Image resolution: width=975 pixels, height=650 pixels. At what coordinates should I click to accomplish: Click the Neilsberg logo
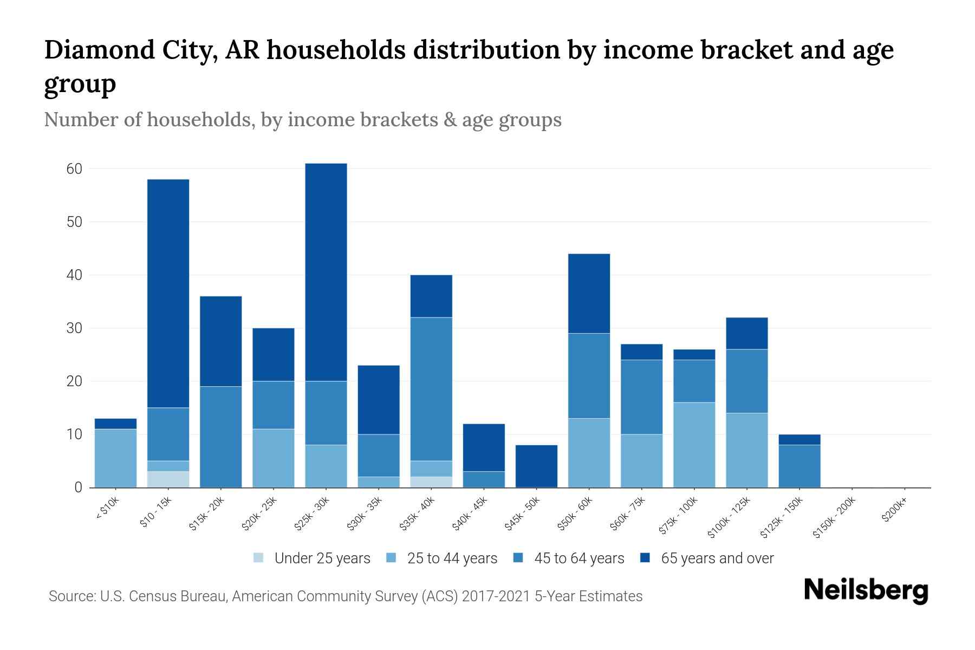click(x=866, y=590)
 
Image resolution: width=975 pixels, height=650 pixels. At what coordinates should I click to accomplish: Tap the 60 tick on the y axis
click(x=74, y=169)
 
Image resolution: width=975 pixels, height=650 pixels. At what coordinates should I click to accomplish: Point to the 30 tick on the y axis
click(x=74, y=328)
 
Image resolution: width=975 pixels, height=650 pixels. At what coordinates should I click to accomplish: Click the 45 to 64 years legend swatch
click(x=518, y=558)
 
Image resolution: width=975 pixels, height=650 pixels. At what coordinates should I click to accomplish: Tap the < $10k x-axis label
click(x=107, y=509)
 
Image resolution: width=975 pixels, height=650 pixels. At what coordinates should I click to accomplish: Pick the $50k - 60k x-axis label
click(x=575, y=514)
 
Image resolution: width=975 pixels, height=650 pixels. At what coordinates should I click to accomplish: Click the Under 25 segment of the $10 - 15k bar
click(x=168, y=479)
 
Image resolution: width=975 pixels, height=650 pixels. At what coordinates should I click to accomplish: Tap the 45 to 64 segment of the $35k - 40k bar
click(x=431, y=389)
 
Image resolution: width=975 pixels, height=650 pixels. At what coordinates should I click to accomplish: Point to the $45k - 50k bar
click(x=536, y=466)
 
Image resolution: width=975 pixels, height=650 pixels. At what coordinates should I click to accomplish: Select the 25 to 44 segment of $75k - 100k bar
click(x=694, y=445)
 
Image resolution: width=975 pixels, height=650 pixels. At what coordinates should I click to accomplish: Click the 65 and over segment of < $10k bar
click(x=116, y=424)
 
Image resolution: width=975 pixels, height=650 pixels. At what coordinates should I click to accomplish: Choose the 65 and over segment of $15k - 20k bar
click(x=221, y=341)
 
